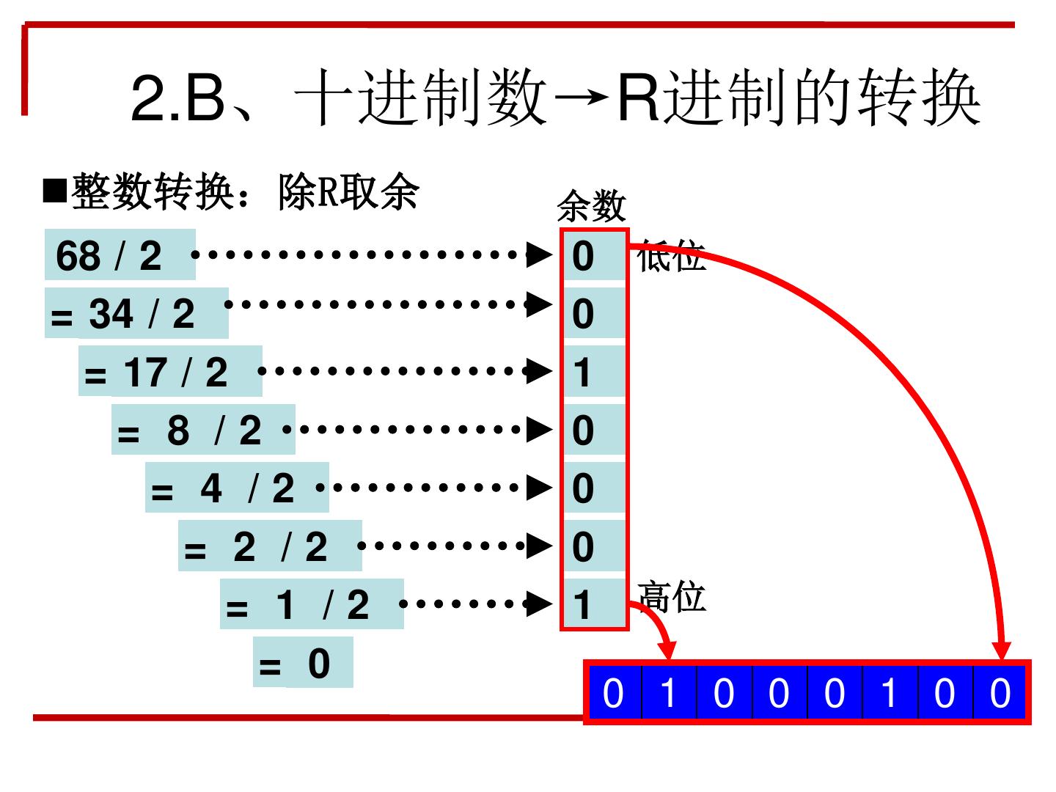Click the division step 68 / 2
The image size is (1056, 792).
pos(120,255)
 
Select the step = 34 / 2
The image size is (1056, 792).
pos(136,314)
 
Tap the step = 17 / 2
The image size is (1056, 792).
pos(170,372)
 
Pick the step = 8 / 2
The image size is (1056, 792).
pos(203,430)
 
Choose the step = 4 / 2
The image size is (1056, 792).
pos(237,488)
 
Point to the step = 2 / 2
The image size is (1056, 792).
pos(270,546)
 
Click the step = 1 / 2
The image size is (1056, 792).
pos(312,604)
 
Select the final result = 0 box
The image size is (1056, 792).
pos(303,663)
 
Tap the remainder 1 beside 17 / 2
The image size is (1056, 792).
pos(584,372)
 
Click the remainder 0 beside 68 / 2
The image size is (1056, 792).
pos(584,256)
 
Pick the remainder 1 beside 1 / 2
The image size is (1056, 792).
pos(584,605)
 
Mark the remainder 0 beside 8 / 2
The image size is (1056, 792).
pos(584,430)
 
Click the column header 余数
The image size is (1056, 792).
pos(591,206)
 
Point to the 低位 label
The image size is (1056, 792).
pos(671,257)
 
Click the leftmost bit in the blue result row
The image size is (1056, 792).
pos(614,693)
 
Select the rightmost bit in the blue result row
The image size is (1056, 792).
pos(1000,693)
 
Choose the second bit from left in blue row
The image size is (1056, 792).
pos(669,693)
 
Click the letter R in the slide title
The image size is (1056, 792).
pos(639,98)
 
